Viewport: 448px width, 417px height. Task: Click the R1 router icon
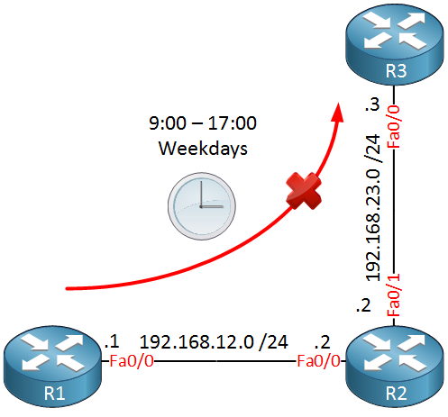[53, 367]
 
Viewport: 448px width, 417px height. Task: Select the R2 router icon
[395, 367]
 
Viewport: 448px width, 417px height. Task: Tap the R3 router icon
[395, 44]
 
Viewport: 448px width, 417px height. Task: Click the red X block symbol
[304, 191]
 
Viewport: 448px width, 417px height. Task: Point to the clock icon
[202, 206]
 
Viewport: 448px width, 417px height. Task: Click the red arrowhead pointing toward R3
[338, 113]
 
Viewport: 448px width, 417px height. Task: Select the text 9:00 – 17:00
[203, 122]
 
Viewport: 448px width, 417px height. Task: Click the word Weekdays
[203, 149]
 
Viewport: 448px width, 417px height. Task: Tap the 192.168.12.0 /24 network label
[214, 342]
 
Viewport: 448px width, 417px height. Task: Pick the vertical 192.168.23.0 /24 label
[373, 207]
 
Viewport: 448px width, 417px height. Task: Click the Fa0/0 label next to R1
[132, 361]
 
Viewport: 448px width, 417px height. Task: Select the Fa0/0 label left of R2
[319, 361]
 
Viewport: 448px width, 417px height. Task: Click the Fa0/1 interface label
[394, 295]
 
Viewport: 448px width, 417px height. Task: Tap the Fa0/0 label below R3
[394, 126]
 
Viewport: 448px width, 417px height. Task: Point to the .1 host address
[112, 341]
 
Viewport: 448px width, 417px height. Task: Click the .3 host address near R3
[372, 104]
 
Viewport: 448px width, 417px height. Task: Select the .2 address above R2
[363, 305]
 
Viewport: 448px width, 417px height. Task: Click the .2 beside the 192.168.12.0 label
[323, 342]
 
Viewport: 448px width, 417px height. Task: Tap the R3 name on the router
[396, 71]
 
